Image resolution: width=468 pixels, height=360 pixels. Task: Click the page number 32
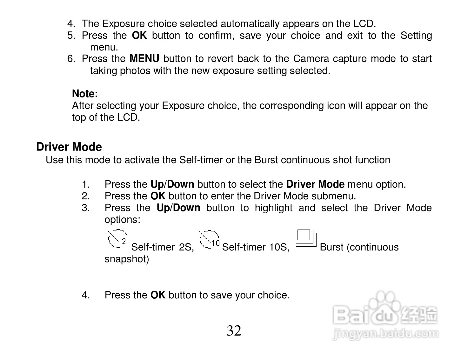click(234, 331)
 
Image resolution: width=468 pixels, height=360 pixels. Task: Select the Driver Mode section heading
click(69, 147)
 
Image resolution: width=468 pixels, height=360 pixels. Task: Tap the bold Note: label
click(85, 94)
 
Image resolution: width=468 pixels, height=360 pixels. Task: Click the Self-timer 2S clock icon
click(117, 239)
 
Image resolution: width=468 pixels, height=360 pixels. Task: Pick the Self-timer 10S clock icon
click(209, 239)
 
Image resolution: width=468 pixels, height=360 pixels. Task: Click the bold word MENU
click(144, 59)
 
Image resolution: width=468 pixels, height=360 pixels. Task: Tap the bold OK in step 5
click(139, 35)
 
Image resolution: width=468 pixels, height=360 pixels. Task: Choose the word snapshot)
click(127, 259)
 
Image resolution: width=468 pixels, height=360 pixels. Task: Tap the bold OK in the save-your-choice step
click(158, 295)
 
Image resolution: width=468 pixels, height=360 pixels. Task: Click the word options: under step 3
click(122, 220)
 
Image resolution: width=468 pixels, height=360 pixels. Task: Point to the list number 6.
click(70, 59)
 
